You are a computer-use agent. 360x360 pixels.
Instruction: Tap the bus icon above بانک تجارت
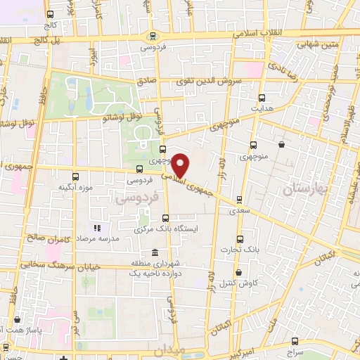[x=240, y=239]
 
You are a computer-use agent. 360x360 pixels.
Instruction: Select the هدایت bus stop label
[x=262, y=108]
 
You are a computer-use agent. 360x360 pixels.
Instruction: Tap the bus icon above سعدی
[x=240, y=200]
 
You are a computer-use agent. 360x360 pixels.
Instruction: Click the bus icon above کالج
[x=49, y=14]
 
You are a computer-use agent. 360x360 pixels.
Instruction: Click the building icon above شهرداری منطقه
[x=155, y=252]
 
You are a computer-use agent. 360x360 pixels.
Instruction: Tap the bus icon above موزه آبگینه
[x=76, y=176]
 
